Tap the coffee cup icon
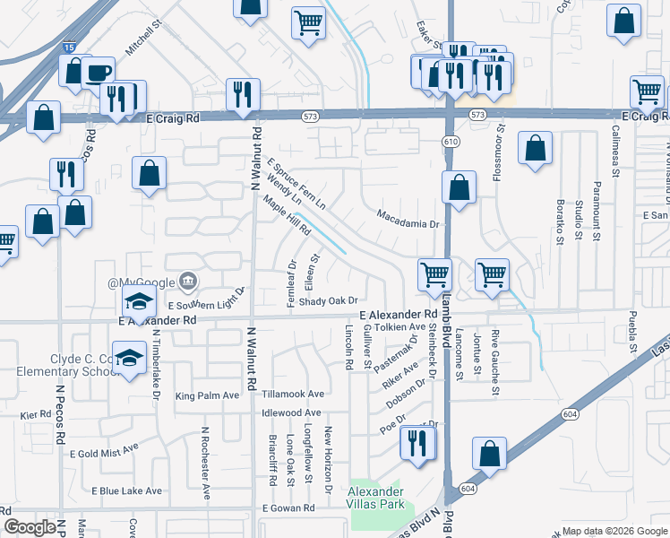click(x=99, y=72)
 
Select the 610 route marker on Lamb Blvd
click(x=450, y=143)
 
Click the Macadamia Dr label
click(x=410, y=224)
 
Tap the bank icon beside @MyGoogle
click(x=187, y=282)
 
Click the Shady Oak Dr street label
click(x=329, y=301)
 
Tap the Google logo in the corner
click(x=30, y=527)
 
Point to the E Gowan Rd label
click(x=288, y=508)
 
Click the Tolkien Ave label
click(x=400, y=327)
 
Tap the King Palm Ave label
click(x=208, y=395)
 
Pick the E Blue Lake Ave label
click(x=127, y=491)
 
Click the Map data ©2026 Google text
click(x=614, y=531)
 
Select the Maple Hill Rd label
click(x=287, y=216)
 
